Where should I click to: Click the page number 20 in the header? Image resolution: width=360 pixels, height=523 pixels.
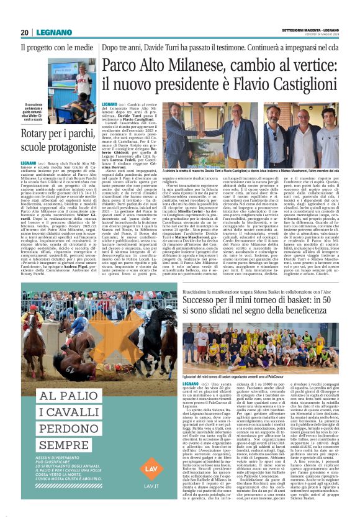[x=25, y=32]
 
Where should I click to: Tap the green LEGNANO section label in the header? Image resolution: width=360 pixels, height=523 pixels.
[x=48, y=32]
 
